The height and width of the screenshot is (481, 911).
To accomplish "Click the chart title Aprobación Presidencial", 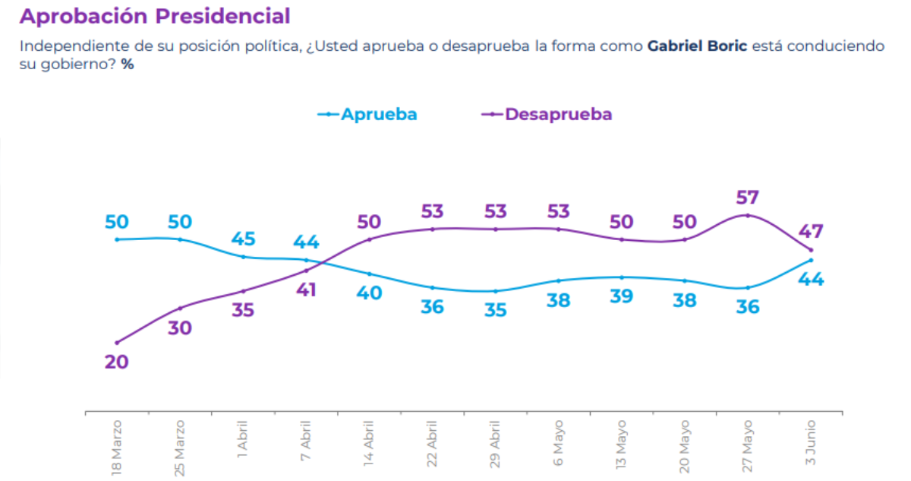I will (x=155, y=16).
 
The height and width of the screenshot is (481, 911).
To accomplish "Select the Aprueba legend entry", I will (x=368, y=114).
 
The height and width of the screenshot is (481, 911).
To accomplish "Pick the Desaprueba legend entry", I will (x=547, y=114).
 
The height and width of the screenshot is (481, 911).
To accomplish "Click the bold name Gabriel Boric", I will (x=697, y=46).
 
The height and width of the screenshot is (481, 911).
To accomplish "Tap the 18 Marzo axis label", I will (x=117, y=446).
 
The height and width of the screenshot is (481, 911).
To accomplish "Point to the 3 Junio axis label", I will (x=811, y=443).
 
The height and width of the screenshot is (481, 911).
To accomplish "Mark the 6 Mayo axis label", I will (x=558, y=443).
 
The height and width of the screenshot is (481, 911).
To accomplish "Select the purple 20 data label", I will (x=116, y=362).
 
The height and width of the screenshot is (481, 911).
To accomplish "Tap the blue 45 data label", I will (x=243, y=239).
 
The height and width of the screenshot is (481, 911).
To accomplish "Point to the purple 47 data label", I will (x=811, y=232).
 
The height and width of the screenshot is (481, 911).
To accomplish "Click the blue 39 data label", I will (x=623, y=296).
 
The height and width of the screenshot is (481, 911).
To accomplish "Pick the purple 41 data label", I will (x=306, y=290).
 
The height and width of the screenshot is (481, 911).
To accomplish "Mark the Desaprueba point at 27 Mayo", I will (x=748, y=216).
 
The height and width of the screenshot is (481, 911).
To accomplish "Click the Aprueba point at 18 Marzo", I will (x=117, y=239).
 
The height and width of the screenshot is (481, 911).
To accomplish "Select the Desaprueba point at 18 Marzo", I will (x=117, y=343).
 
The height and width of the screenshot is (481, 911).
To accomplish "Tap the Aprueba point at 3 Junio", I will (x=811, y=260).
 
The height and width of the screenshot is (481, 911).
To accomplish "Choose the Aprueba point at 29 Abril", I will (x=495, y=291).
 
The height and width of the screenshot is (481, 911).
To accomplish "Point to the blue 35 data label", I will (x=495, y=310).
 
